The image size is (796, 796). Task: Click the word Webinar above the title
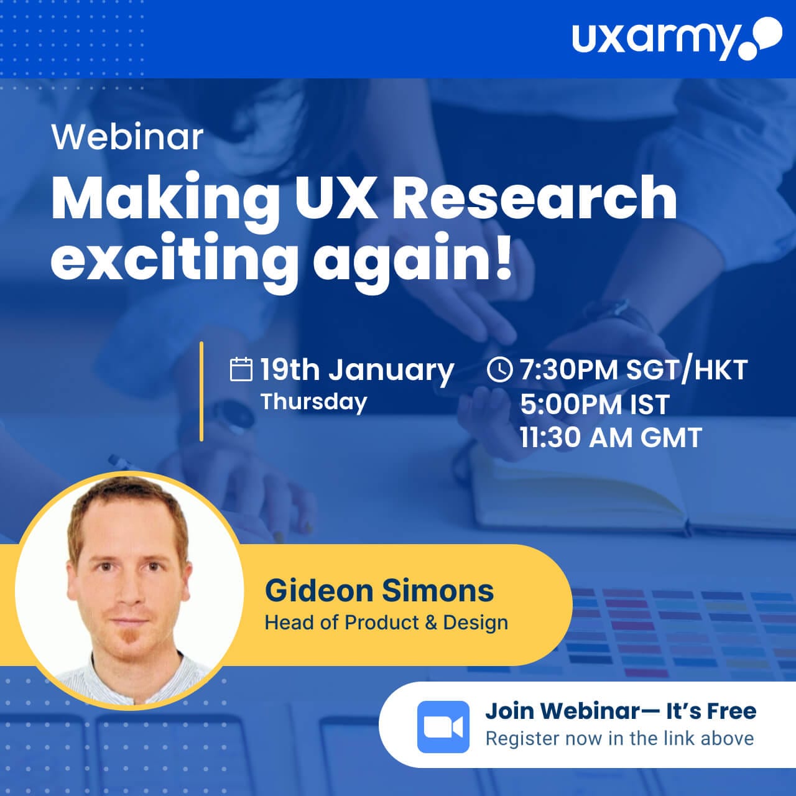127,137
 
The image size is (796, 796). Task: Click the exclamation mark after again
503,257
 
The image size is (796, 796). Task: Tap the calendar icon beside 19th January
241,369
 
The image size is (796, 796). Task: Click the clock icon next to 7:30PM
499,369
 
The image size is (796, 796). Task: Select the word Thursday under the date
313,402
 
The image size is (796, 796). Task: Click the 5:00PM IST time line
595,404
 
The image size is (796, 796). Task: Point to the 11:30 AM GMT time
611,437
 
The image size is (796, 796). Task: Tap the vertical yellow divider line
201,391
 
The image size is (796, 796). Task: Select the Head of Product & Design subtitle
386,622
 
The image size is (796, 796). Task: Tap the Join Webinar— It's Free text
621,711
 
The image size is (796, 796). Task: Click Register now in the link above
619,739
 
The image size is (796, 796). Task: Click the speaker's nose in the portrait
129,595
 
